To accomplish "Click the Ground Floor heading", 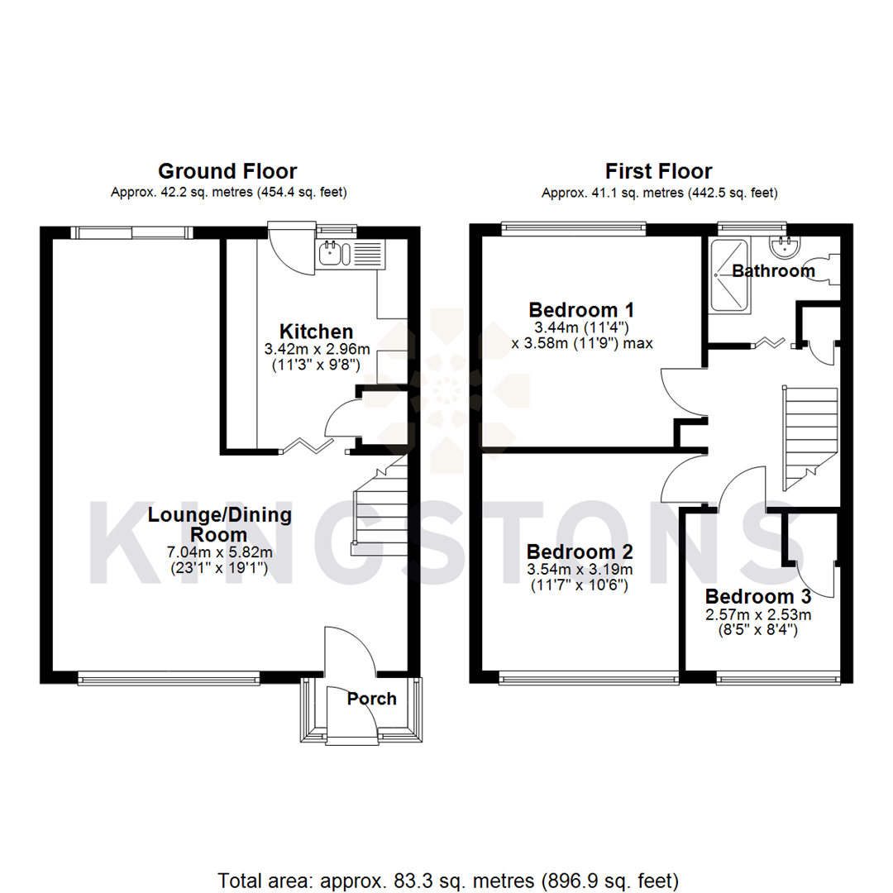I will pos(227,171).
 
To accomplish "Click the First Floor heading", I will pos(658,171).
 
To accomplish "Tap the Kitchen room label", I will pos(316,332).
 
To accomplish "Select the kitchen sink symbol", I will pos(335,254).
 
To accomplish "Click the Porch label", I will pos(371,699).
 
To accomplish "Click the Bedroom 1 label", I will pos(581,310).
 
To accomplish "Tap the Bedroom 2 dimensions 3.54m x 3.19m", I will pos(580,570).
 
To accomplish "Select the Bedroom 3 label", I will pos(757,597).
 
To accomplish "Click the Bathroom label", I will pos(773,271).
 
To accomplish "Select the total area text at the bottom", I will pos(447,878).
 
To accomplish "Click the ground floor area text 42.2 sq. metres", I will pos(228,193).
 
